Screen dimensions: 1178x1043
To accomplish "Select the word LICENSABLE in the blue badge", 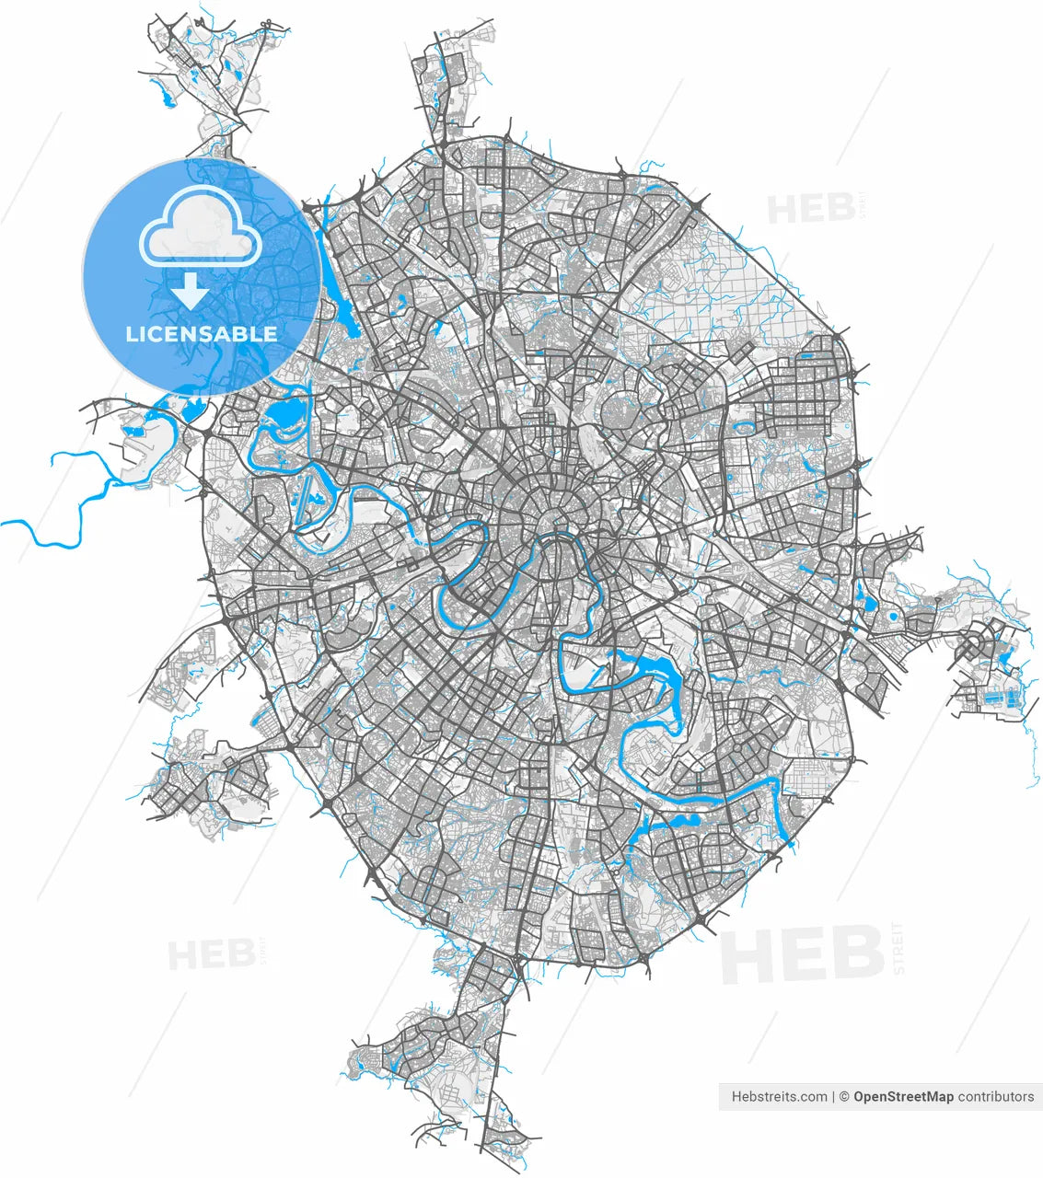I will (x=201, y=333).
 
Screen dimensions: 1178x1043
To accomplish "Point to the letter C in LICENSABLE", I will (x=158, y=333).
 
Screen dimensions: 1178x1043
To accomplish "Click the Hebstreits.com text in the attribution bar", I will (x=779, y=1096).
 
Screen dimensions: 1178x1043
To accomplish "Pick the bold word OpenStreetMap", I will (x=903, y=1096).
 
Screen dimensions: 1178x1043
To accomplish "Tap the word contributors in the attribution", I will (x=996, y=1096).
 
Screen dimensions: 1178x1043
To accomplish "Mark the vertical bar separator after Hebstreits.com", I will (x=833, y=1096).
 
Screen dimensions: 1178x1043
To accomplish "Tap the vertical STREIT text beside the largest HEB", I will (x=898, y=948).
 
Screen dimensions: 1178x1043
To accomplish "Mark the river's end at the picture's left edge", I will (x=3, y=523).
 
